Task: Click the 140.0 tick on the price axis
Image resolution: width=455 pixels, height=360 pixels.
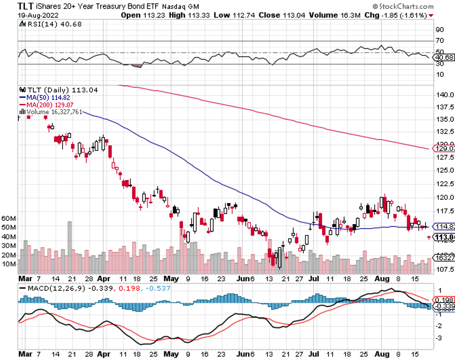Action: [x=444, y=95]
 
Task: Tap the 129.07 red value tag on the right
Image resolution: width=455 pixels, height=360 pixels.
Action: [x=445, y=149]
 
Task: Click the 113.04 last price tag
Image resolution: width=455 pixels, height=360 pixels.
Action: [x=445, y=238]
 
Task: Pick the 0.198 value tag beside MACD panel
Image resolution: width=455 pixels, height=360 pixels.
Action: [x=445, y=299]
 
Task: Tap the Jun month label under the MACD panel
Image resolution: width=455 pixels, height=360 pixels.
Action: [x=246, y=354]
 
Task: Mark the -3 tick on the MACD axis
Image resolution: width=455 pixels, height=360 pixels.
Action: [x=439, y=338]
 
